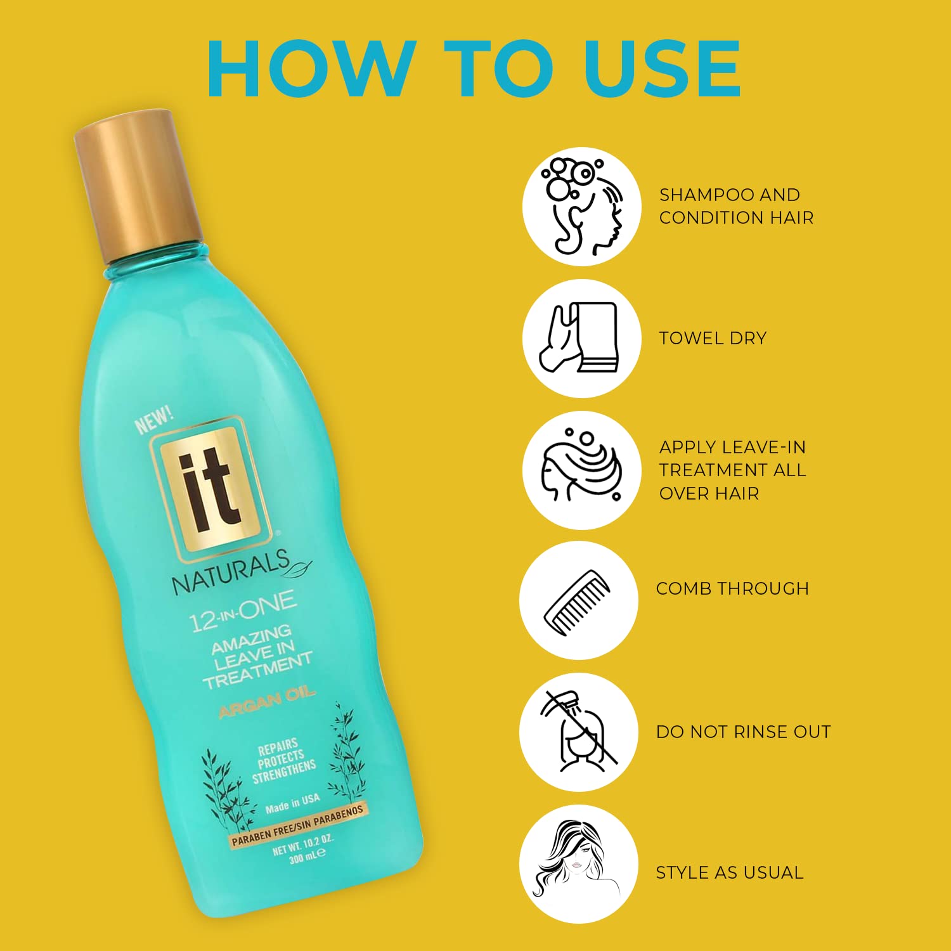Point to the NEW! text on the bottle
[x=154, y=420]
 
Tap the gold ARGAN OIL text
[x=267, y=702]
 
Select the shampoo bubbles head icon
[x=581, y=207]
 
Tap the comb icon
[x=578, y=600]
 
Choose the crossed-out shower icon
[x=578, y=732]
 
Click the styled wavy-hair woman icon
[x=578, y=864]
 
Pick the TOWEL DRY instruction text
[x=713, y=338]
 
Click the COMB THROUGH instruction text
[x=732, y=588]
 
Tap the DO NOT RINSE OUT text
[x=743, y=732]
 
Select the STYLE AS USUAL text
[x=729, y=872]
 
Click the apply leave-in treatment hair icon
[x=581, y=470]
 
